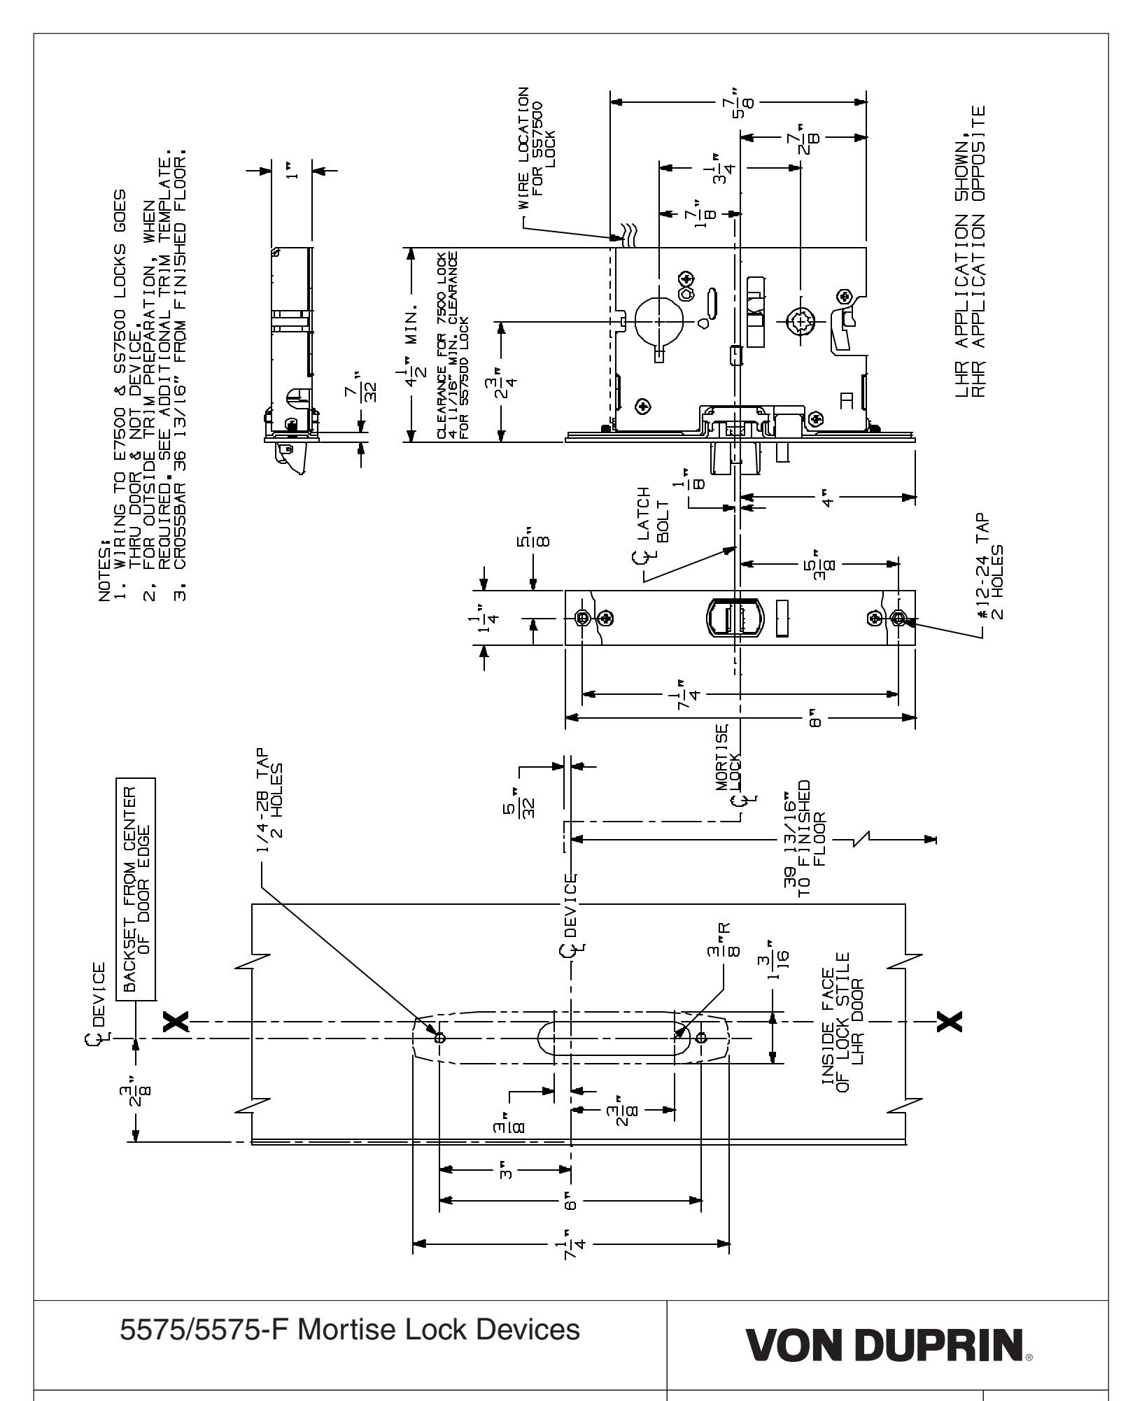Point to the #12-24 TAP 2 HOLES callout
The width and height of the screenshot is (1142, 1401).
pos(991,568)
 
